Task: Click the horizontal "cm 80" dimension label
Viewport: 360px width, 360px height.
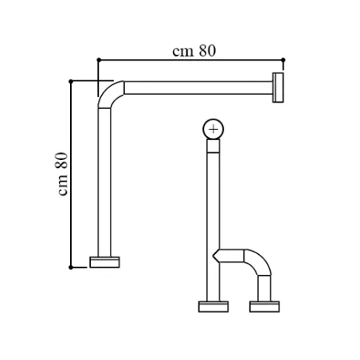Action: pos(194,51)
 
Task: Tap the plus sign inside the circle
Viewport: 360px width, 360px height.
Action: pos(213,129)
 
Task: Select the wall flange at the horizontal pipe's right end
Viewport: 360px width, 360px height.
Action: pos(278,88)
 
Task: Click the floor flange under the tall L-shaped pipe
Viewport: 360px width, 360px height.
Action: pos(104,262)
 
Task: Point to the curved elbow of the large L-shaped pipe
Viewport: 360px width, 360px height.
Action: pos(109,93)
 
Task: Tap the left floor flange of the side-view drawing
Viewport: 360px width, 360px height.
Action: pos(213,307)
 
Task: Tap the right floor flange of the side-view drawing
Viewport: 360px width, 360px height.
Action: pos(264,307)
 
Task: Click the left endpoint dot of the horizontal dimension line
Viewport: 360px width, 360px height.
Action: pos(99,60)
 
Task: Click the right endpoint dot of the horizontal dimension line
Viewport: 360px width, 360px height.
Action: pos(283,60)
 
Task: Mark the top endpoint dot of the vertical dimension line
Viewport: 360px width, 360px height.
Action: pos(71,81)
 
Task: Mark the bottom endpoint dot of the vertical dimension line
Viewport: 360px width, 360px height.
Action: pos(71,268)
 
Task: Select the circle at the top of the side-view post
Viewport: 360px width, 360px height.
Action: pos(213,129)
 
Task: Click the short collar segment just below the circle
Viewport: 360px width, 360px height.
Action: pos(213,146)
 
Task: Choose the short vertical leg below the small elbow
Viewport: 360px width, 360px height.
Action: pos(264,288)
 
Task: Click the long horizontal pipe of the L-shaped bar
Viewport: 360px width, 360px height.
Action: pos(198,88)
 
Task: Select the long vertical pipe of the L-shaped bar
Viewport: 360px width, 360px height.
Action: pos(104,182)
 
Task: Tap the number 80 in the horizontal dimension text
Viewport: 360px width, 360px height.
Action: pos(207,51)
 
